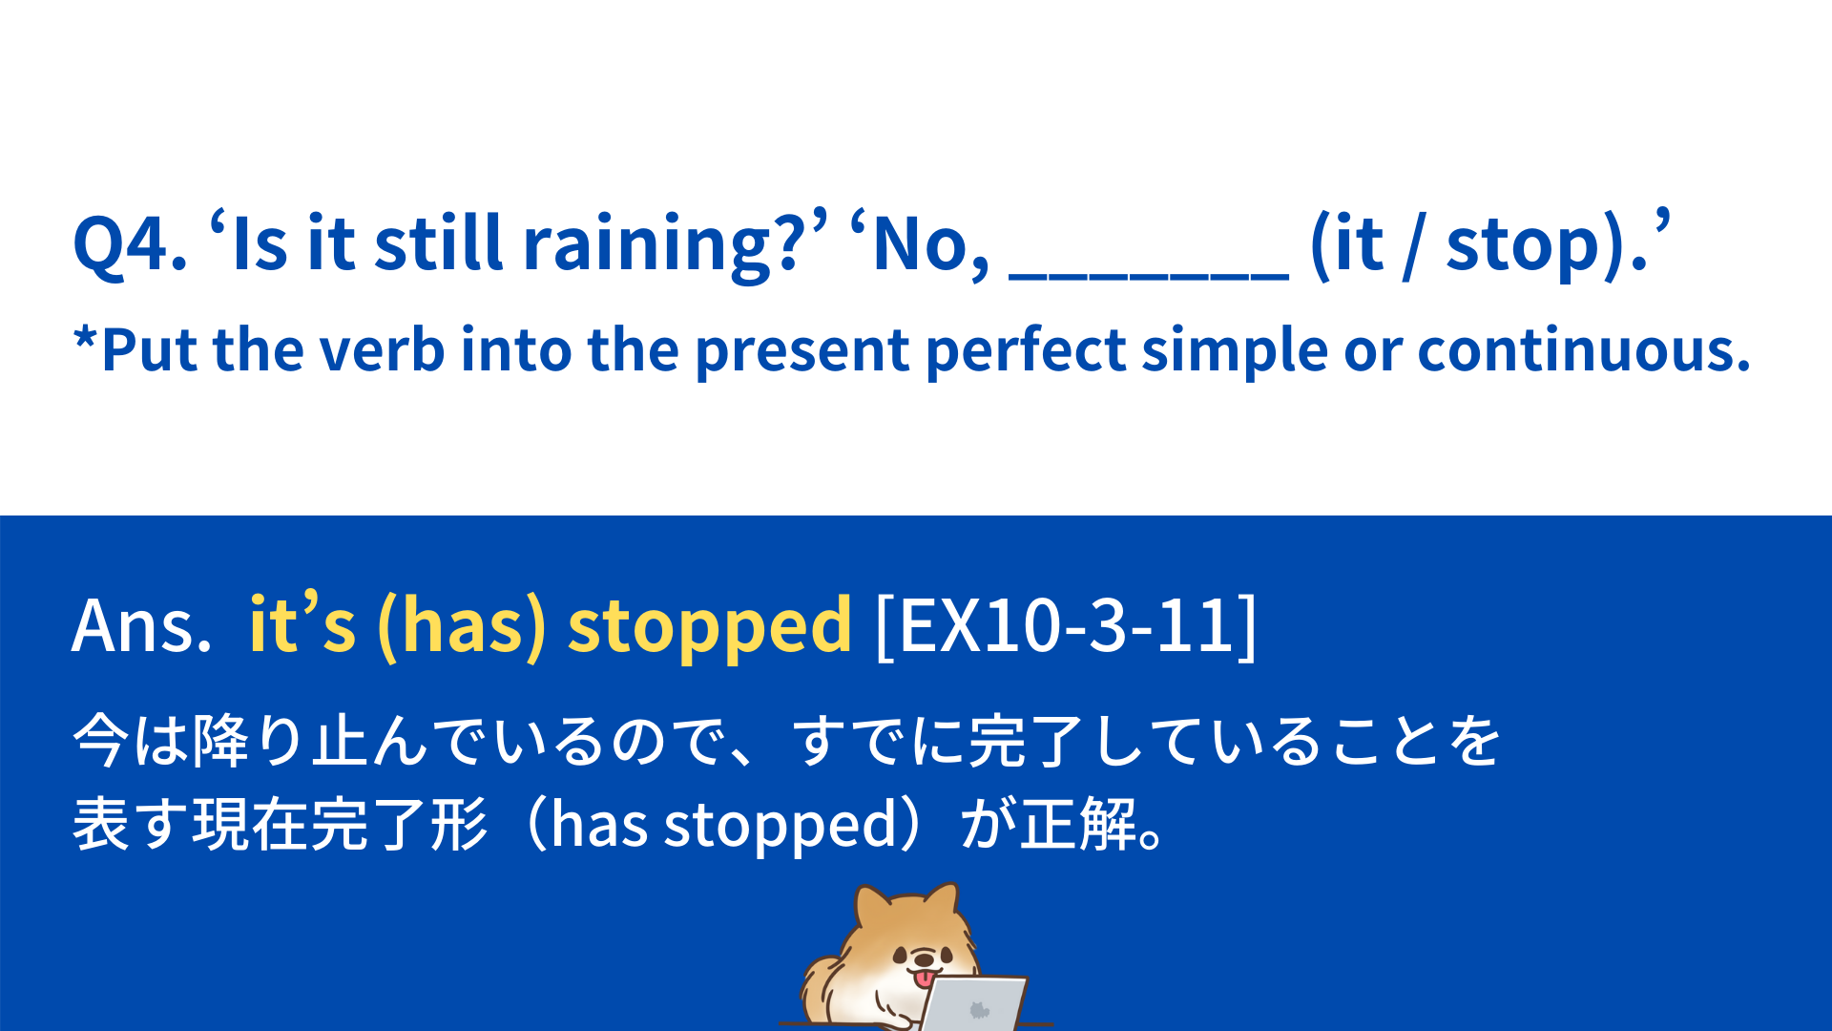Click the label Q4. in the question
130,244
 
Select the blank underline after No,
1149,277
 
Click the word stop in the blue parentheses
1523,246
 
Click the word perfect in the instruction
1026,350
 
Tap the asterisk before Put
86,339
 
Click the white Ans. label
141,625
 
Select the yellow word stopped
709,628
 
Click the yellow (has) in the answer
462,626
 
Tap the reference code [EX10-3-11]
1066,626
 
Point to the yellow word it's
302,621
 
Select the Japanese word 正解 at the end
1078,824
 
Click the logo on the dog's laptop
978,1009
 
